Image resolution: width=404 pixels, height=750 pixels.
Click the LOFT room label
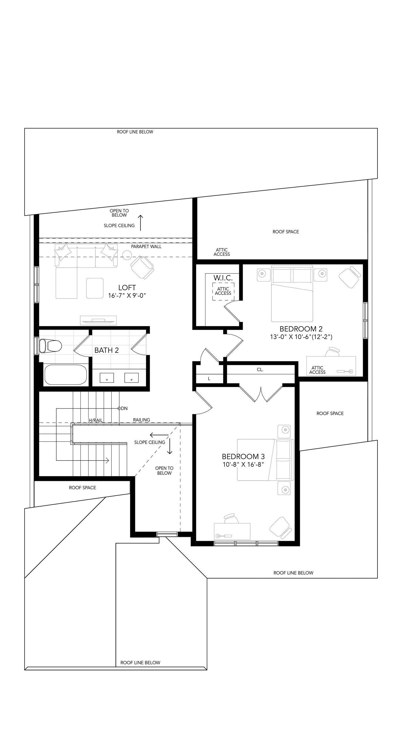pos(127,288)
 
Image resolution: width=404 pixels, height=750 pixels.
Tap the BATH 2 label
pos(106,350)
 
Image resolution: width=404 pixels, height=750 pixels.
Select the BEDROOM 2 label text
pos(301,329)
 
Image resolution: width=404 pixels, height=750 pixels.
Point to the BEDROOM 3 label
pos(243,457)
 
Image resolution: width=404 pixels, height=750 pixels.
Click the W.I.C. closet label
pos(223,278)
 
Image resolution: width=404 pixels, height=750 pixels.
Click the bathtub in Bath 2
pos(66,375)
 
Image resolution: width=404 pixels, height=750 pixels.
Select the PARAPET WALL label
pos(146,247)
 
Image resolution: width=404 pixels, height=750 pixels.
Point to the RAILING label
pos(142,420)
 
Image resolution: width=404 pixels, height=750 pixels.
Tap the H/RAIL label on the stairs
pos(96,420)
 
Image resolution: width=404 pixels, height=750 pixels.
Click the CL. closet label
pos(260,370)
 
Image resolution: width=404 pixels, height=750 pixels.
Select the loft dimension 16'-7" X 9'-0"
pos(127,295)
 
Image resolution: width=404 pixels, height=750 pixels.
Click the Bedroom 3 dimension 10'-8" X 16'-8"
pos(243,464)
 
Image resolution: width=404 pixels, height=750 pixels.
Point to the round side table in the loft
pos(127,256)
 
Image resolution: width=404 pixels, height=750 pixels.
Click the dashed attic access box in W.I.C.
pos(223,291)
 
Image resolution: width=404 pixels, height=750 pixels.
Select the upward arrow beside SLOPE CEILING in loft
pos(141,223)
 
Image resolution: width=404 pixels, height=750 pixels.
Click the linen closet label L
pos(209,379)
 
